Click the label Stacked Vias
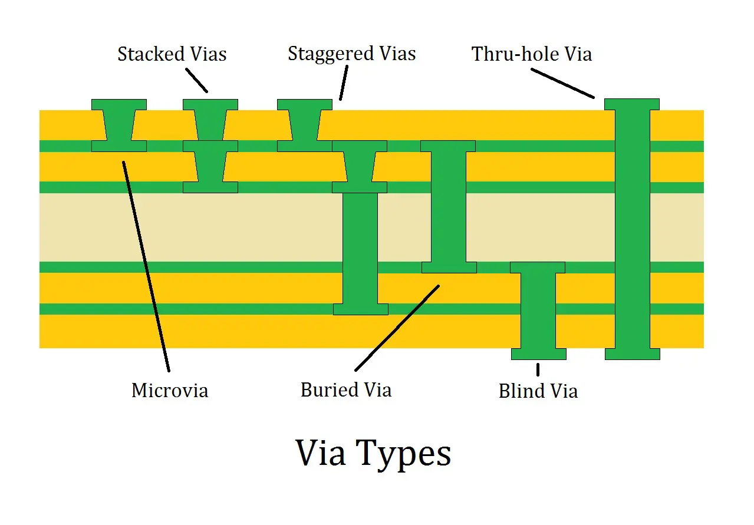click(172, 54)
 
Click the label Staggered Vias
click(351, 54)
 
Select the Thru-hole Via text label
click(531, 54)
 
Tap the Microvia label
click(170, 390)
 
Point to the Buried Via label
click(345, 390)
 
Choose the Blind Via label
click(538, 391)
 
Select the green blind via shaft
click(538, 309)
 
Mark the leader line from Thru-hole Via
click(562, 83)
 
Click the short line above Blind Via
click(538, 369)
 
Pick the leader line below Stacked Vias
click(197, 80)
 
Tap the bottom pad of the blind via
click(538, 354)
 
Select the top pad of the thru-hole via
click(632, 104)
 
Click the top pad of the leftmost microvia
click(119, 104)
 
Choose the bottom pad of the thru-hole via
click(632, 354)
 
